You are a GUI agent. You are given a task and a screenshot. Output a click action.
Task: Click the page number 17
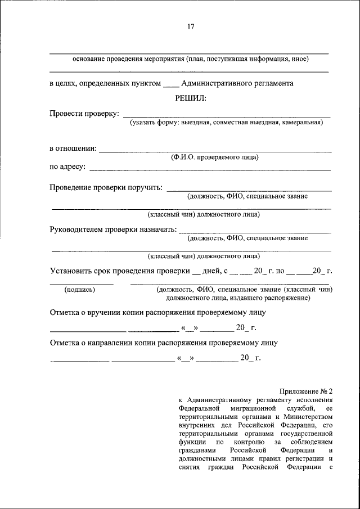point(190,25)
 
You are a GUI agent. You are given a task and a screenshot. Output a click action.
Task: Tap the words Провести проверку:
point(84,114)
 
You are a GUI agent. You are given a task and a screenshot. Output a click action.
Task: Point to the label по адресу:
point(67,166)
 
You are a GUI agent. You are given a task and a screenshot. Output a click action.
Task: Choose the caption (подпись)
point(80,290)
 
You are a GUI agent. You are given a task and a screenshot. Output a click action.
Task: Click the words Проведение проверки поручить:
point(106,187)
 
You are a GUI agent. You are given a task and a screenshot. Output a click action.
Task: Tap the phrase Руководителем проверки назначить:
point(113,229)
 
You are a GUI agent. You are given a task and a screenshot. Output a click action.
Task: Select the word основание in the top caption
point(92,59)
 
